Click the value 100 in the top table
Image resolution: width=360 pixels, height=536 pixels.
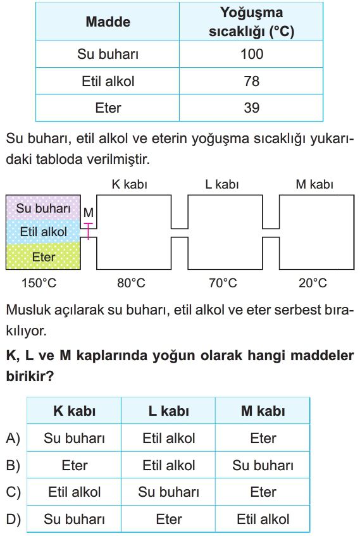pyautogui.click(x=252, y=54)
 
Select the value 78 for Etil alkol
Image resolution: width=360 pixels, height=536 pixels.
pyautogui.click(x=252, y=81)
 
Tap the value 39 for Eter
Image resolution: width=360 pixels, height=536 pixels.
pyautogui.click(x=252, y=108)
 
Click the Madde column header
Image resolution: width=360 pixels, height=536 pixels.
pyautogui.click(x=108, y=22)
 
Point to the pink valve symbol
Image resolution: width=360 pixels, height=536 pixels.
pyautogui.click(x=88, y=231)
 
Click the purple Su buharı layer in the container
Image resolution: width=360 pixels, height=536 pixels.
pyautogui.click(x=43, y=208)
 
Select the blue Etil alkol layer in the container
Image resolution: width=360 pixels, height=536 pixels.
pyautogui.click(x=43, y=232)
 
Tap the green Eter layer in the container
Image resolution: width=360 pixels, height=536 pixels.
pyautogui.click(x=43, y=257)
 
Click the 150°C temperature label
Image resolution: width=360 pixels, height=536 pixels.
pyautogui.click(x=39, y=283)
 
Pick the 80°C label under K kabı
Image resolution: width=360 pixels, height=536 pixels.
pyautogui.click(x=131, y=283)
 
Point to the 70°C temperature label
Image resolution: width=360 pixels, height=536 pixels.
pyautogui.click(x=223, y=283)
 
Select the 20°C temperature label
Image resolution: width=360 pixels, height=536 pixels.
pyautogui.click(x=313, y=283)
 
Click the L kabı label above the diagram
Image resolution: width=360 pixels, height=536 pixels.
pyautogui.click(x=222, y=184)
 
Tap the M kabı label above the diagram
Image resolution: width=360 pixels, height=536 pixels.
pyautogui.click(x=314, y=184)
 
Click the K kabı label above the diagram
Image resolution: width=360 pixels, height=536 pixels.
pyautogui.click(x=129, y=184)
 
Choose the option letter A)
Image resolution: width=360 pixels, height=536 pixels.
pyautogui.click(x=13, y=438)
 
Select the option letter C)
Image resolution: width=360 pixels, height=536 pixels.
pyautogui.click(x=13, y=492)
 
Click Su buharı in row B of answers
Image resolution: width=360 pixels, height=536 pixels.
pyautogui.click(x=263, y=465)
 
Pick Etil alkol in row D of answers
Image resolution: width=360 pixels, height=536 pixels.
pyautogui.click(x=263, y=520)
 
